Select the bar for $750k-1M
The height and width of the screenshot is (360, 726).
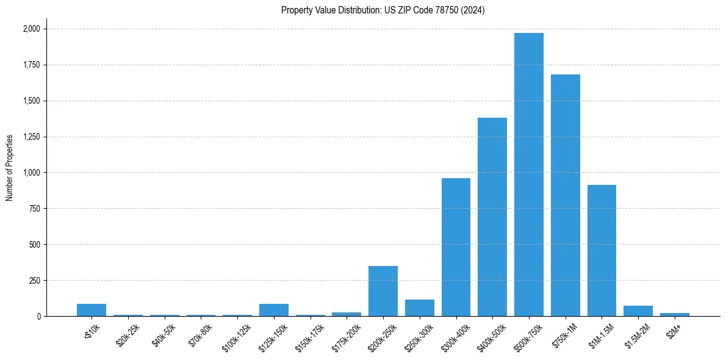point(565,195)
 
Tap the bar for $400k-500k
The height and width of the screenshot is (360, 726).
point(492,217)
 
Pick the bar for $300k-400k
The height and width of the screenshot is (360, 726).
point(456,247)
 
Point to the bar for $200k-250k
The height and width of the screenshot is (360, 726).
point(383,291)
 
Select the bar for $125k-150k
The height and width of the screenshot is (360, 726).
point(273,310)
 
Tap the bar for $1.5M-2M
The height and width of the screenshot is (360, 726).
point(638,311)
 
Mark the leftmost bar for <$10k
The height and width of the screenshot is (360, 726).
point(91,310)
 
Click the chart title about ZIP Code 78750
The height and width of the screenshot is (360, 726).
point(383,10)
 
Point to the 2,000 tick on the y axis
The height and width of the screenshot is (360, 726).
point(31,29)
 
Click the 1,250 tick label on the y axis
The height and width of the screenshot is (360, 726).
point(31,137)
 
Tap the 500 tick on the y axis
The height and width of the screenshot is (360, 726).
point(35,245)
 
